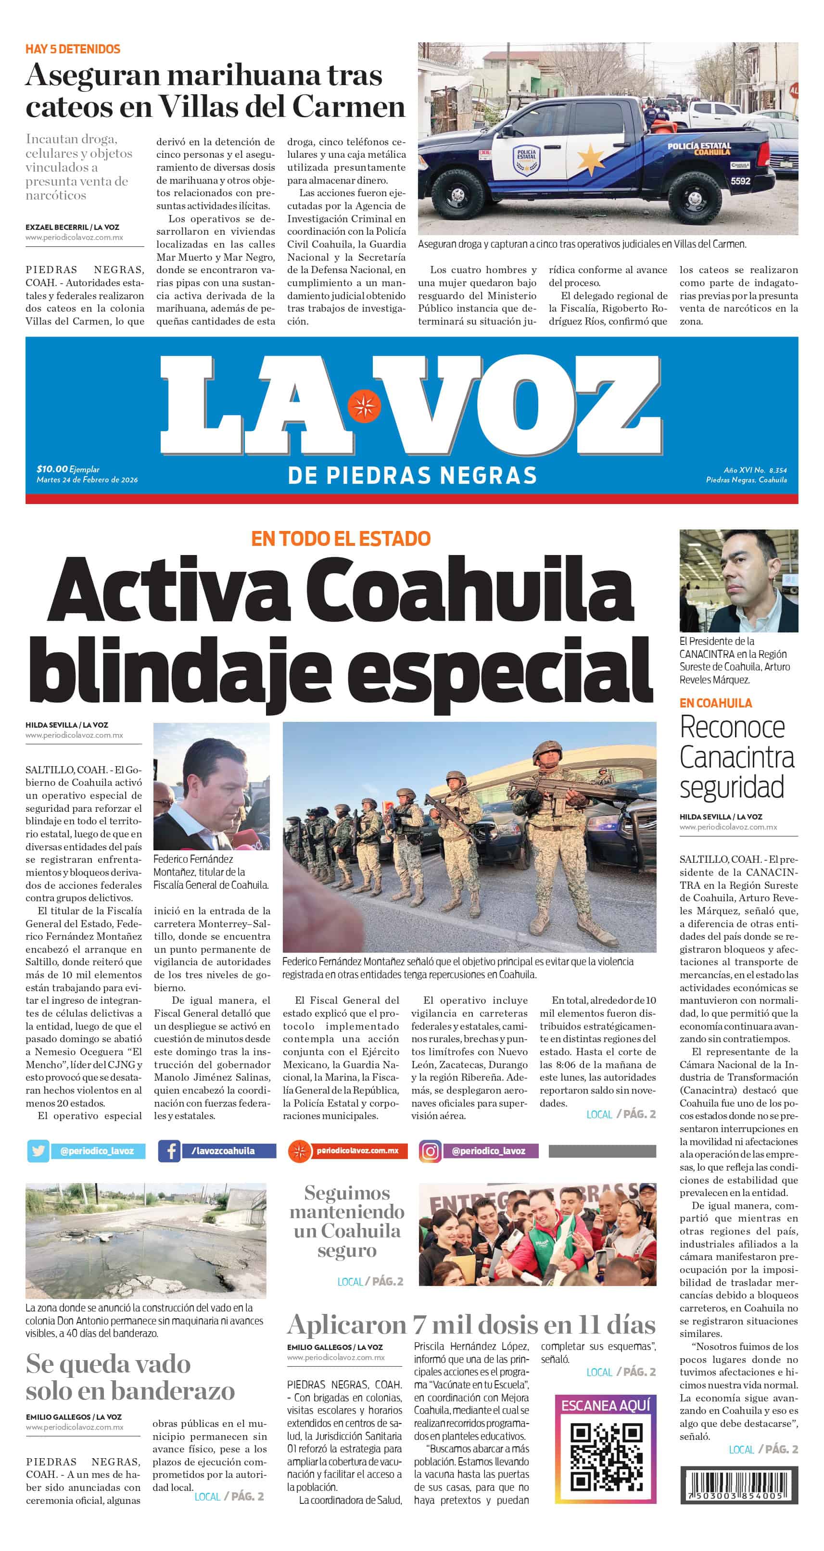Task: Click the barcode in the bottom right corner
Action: [x=739, y=1484]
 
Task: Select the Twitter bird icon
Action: [x=38, y=1150]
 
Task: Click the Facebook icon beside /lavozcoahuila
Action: [x=169, y=1150]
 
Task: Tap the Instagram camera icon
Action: [x=430, y=1150]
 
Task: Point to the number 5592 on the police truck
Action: [x=740, y=181]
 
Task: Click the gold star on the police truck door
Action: [x=591, y=158]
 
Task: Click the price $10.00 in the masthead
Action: [x=52, y=468]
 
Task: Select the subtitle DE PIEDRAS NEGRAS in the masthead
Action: [x=412, y=476]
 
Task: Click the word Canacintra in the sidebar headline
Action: [x=736, y=757]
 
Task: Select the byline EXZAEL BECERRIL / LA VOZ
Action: [x=72, y=227]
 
